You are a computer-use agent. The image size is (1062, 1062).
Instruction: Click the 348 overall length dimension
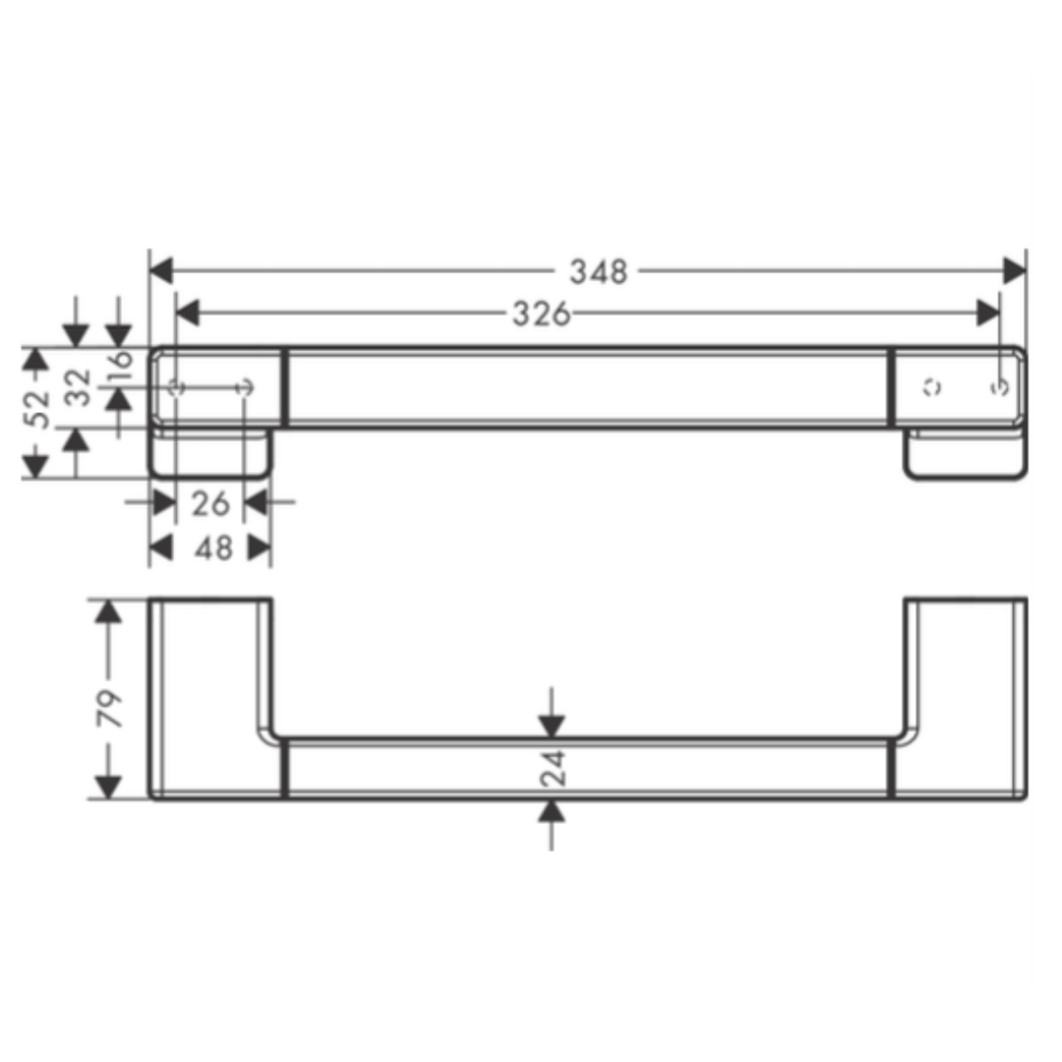[599, 271]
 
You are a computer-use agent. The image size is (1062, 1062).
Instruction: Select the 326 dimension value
[541, 315]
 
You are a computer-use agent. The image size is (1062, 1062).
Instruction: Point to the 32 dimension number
[80, 387]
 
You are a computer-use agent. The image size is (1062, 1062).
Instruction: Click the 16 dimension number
[121, 368]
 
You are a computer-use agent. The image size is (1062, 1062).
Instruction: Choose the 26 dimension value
[210, 503]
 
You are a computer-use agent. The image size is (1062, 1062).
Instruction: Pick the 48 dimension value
[213, 548]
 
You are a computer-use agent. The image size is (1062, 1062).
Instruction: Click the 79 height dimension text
[109, 708]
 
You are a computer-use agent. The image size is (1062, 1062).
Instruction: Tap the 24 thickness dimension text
[554, 767]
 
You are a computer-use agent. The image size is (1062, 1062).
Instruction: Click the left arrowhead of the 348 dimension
[161, 271]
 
